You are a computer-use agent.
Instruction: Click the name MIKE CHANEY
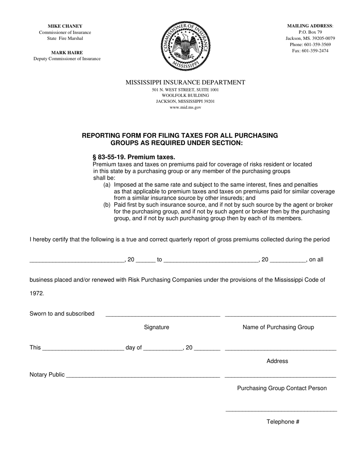point(65,26)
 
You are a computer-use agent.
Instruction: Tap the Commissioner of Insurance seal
point(185,46)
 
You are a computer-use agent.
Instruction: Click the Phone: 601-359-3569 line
point(310,44)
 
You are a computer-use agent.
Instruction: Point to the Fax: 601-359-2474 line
point(310,50)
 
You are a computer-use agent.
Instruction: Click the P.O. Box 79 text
point(310,32)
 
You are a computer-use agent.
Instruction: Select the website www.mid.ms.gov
point(185,107)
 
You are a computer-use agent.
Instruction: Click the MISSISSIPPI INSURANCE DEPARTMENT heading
point(185,82)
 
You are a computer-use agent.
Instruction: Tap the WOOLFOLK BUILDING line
point(185,95)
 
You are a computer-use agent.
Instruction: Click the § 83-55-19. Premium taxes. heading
point(134,157)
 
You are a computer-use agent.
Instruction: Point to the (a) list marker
point(107,185)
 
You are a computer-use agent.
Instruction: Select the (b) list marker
point(107,205)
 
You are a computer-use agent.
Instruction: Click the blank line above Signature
point(163,315)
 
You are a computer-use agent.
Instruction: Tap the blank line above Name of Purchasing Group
point(280,315)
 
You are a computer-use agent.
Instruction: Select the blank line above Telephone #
point(281,410)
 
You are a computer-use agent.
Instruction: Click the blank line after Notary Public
point(143,377)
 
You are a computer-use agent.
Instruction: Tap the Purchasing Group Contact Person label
point(282,388)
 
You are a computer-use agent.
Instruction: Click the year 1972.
point(36,293)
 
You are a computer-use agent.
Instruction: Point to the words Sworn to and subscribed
point(62,313)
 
